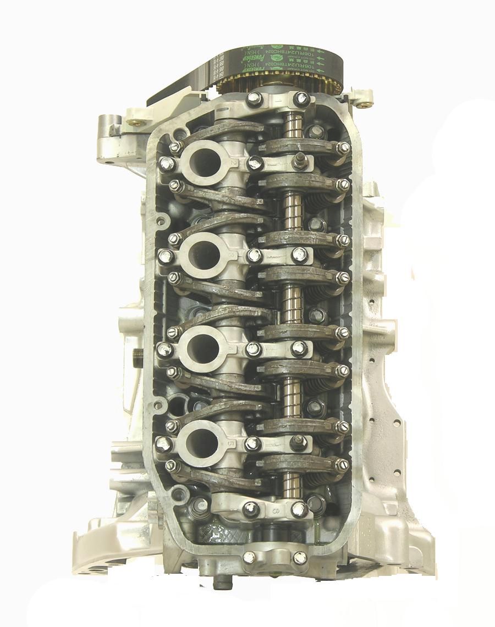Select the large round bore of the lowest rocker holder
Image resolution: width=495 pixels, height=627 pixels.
pos(201,440)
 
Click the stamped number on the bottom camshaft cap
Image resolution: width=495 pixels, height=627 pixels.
pos(276,512)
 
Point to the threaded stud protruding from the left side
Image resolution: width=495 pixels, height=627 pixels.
pos(137,357)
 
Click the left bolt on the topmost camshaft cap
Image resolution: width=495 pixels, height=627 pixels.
pos(254,99)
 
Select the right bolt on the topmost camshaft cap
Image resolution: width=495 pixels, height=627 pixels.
pos(300,99)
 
